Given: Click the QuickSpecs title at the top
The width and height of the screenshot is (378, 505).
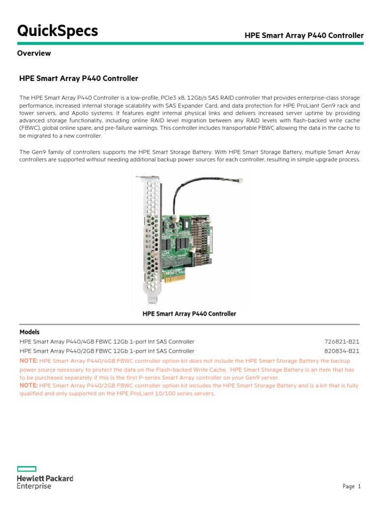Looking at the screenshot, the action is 58,31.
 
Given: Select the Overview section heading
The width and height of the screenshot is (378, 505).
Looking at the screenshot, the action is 34,53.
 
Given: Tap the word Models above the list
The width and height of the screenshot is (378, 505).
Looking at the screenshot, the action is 30,332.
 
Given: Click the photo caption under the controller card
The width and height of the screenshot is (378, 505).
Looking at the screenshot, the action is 189,314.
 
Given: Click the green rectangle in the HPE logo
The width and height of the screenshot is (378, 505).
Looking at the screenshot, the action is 27,469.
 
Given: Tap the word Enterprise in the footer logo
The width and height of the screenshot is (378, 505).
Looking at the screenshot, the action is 34,486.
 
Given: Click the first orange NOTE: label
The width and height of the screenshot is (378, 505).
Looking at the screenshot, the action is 28,361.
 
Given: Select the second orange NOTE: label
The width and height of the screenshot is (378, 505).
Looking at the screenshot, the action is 28,386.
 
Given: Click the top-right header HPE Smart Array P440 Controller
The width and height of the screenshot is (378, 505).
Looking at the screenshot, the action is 304,36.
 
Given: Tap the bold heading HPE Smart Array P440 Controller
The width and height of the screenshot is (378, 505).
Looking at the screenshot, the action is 78,78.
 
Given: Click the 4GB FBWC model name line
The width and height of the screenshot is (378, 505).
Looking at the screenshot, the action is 107,341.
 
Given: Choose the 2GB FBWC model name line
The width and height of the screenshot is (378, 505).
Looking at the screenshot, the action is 107,351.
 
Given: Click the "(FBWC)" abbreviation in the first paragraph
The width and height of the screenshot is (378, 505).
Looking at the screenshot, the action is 30,128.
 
